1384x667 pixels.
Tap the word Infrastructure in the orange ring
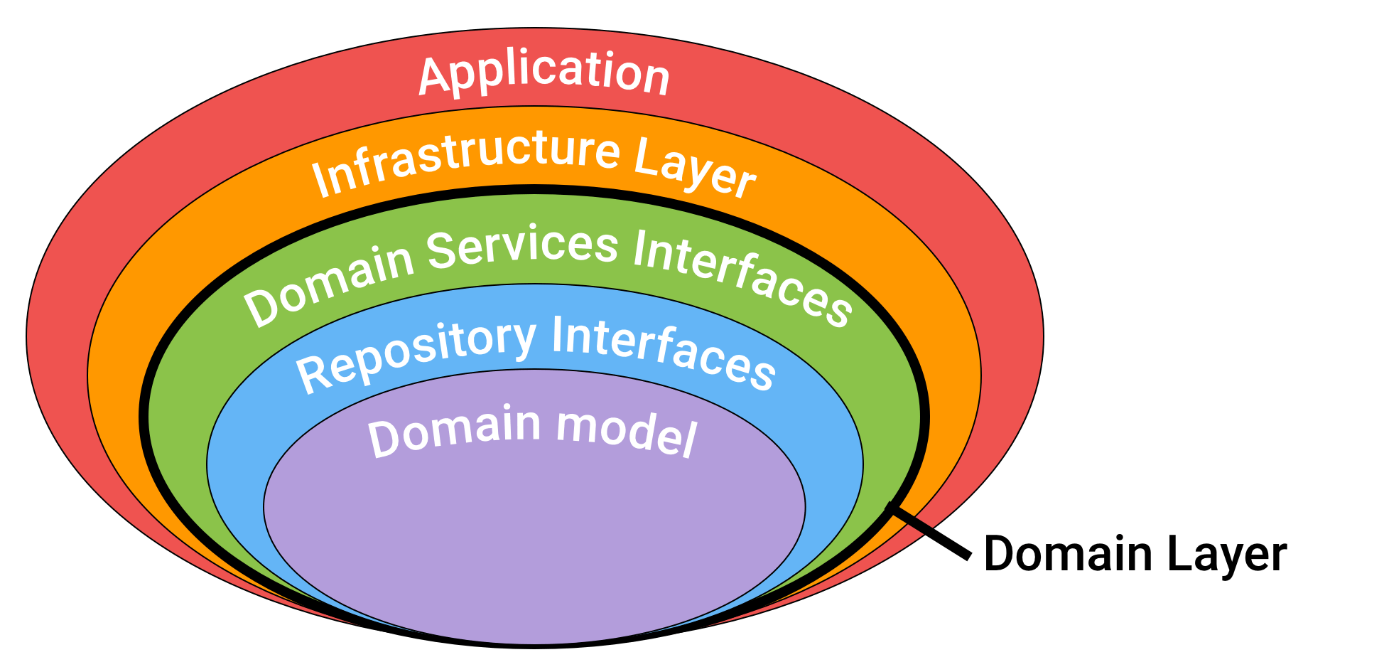[465, 160]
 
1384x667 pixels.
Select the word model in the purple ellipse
[626, 431]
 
